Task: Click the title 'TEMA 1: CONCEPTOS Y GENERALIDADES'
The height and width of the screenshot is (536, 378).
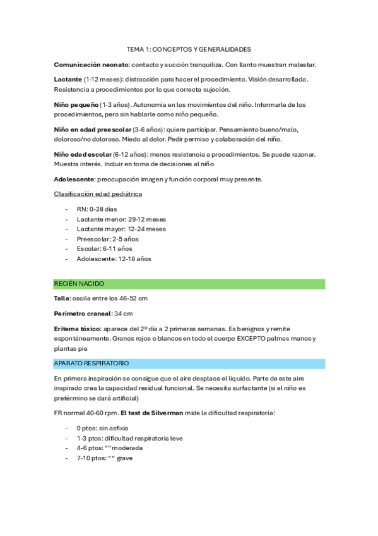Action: tap(189, 49)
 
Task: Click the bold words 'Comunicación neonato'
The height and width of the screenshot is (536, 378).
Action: tap(92, 64)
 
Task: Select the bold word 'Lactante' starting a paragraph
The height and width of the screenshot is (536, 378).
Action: tap(68, 79)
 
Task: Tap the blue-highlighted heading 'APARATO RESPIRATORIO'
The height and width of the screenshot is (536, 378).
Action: tap(92, 363)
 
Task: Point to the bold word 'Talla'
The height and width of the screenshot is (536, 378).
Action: tap(62, 298)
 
